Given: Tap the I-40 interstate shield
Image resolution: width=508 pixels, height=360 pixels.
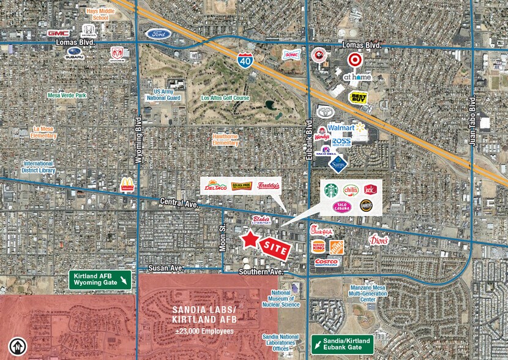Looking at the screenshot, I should point(244,59).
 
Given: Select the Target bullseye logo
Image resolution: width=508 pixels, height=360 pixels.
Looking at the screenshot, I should point(354,59).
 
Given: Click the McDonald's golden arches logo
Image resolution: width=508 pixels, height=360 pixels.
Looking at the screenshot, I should point(127,184).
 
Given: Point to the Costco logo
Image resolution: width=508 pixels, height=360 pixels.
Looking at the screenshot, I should point(327,262).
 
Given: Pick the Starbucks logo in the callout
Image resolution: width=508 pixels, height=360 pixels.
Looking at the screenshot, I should point(331,190).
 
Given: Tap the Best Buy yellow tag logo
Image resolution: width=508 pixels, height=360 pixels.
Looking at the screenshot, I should point(359,97).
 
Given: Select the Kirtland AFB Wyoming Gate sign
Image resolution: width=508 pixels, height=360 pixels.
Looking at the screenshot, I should point(99,279).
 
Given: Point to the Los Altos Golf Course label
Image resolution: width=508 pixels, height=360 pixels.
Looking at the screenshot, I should point(226,98).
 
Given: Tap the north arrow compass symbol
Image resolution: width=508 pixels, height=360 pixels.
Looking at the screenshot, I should point(20,347).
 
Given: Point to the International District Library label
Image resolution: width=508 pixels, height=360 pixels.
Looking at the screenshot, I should point(39,167).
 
